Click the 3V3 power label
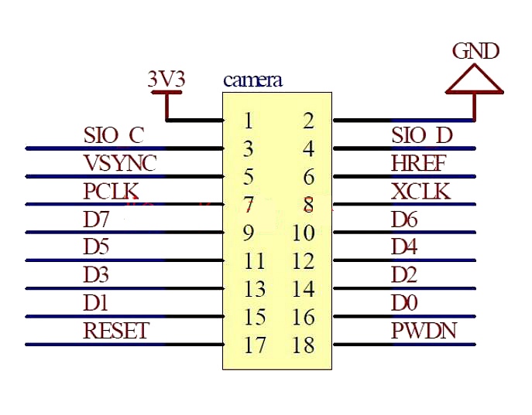(166, 79)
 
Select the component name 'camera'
(252, 80)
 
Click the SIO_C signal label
(113, 135)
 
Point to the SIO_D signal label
(421, 135)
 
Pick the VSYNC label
(119, 163)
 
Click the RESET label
(115, 332)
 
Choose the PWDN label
(424, 332)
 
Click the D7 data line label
(97, 219)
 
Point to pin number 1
(248, 121)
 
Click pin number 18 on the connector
(304, 345)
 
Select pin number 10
(304, 233)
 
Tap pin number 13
(255, 290)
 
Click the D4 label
(405, 247)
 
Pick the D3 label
(97, 275)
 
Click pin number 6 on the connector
(309, 178)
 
